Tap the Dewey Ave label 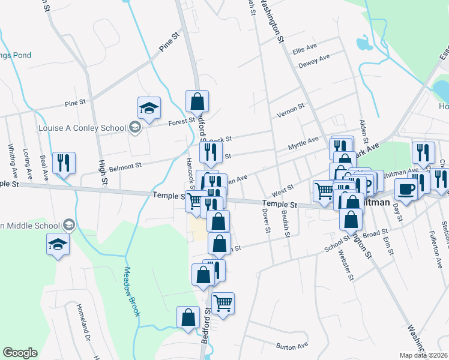tap(314, 61)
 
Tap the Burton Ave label tap(292, 346)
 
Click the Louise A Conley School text tap(82, 128)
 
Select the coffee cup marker tap(405, 190)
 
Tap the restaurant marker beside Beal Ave tap(63, 163)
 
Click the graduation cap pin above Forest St tap(149, 108)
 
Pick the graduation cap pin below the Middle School tap(57, 244)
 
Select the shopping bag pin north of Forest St tap(196, 101)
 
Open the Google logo tap(20, 353)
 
